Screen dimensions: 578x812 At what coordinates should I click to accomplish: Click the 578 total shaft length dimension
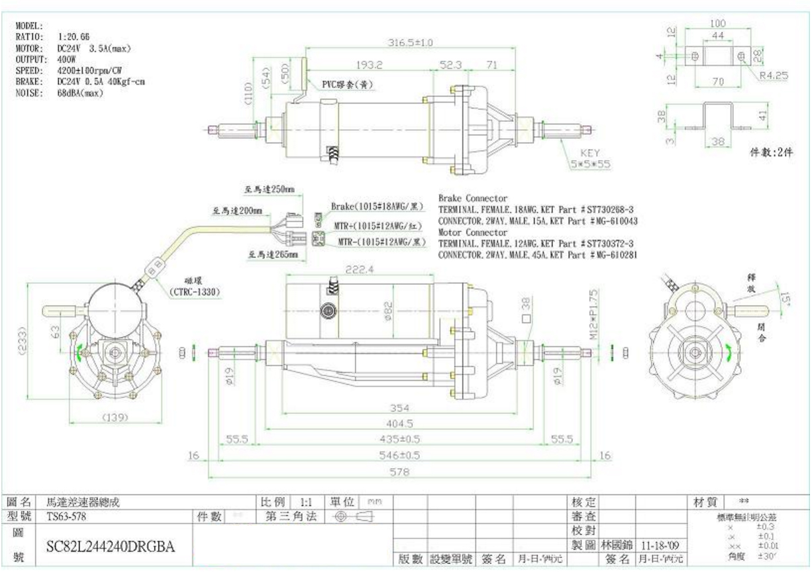click(x=399, y=472)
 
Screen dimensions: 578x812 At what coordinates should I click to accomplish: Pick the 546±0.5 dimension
click(x=399, y=456)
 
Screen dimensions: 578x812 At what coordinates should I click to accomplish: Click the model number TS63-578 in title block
click(x=66, y=516)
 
